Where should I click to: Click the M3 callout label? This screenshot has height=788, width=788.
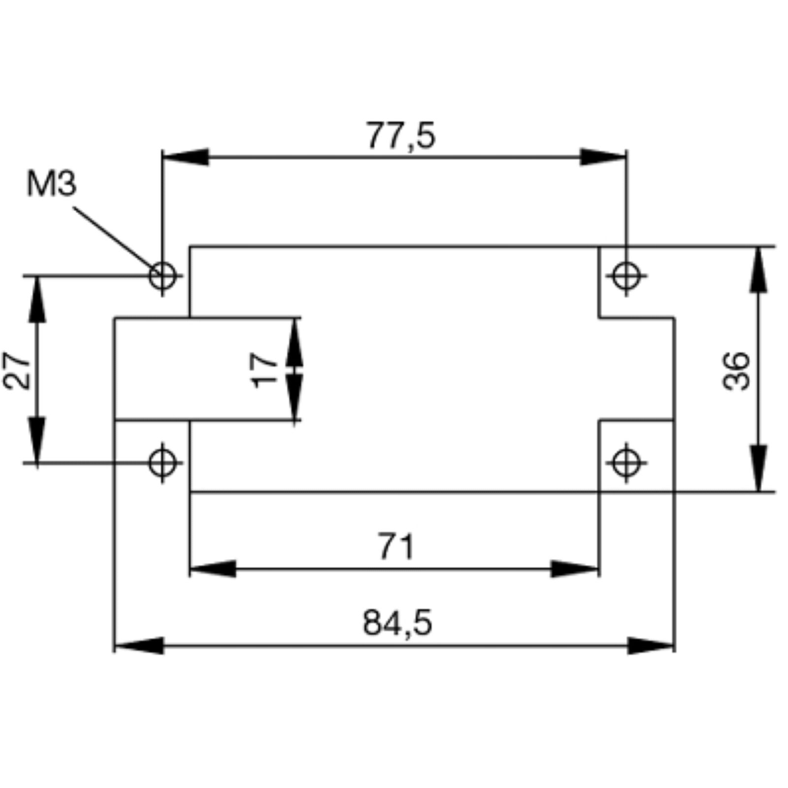tap(52, 184)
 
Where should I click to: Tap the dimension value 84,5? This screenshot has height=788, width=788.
tap(397, 623)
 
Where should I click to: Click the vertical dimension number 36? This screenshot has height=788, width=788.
tap(736, 371)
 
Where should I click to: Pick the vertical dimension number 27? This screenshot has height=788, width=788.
tap(17, 371)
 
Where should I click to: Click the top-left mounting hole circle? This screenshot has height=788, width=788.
tap(163, 276)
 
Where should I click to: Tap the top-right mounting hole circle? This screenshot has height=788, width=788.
tap(626, 276)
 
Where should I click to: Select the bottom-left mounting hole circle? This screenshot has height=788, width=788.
tap(163, 463)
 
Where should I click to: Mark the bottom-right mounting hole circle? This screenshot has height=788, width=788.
tap(626, 463)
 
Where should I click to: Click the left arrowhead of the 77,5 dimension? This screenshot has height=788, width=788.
tap(185, 158)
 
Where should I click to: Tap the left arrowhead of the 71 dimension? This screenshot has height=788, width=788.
tap(213, 569)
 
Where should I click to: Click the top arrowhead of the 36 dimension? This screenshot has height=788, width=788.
tap(758, 270)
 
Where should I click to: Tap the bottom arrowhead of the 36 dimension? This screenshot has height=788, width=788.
tap(758, 468)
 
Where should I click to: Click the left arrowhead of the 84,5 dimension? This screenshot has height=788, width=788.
tap(138, 645)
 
